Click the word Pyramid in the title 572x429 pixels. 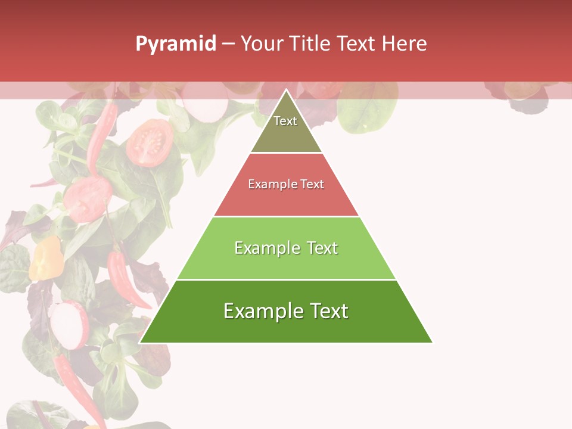[176, 44]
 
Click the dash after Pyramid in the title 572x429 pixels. [228, 44]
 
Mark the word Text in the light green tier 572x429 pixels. [322, 248]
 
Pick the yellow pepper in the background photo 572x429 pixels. [46, 257]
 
